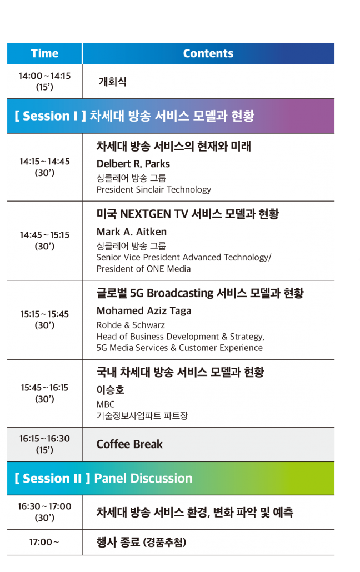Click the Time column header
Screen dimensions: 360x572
pyautogui.click(x=44, y=53)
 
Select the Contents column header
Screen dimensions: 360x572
pyautogui.click(x=208, y=53)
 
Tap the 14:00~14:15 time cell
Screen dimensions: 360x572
pyautogui.click(x=44, y=81)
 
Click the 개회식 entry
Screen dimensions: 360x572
pyautogui.click(x=112, y=81)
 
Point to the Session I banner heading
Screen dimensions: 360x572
pyautogui.click(x=134, y=116)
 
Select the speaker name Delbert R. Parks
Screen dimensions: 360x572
pyautogui.click(x=133, y=164)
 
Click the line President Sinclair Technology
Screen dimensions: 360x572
pyautogui.click(x=154, y=190)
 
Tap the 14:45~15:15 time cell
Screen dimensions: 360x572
pyautogui.click(x=44, y=240)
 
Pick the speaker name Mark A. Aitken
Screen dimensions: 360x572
pyautogui.click(x=132, y=232)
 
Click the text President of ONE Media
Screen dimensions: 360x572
pyautogui.click(x=143, y=269)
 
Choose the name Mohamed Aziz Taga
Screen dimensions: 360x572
pyautogui.click(x=144, y=311)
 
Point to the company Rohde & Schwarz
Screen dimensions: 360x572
pyautogui.click(x=131, y=325)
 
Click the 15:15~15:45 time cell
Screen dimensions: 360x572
pyautogui.click(x=44, y=319)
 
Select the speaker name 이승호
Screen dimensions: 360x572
pyautogui.click(x=110, y=390)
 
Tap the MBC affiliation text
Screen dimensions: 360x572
pyautogui.click(x=106, y=404)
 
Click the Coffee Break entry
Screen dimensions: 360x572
pyautogui.click(x=129, y=444)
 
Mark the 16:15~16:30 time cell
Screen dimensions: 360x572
pyautogui.click(x=44, y=444)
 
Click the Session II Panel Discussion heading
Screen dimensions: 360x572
pyautogui.click(x=103, y=478)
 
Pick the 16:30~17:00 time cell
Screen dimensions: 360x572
pyautogui.click(x=44, y=512)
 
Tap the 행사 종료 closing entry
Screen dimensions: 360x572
pyautogui.click(x=141, y=542)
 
